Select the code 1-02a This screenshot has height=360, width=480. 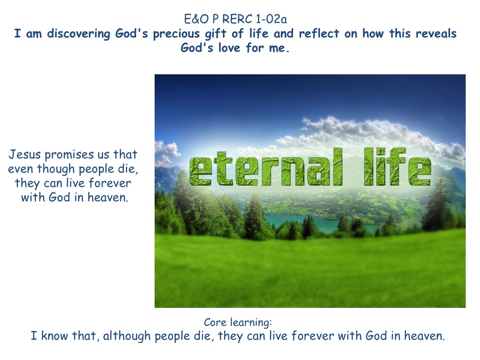click(271, 19)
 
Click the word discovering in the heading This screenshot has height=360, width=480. click(78, 34)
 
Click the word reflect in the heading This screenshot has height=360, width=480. click(319, 33)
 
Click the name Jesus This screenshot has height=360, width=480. click(24, 155)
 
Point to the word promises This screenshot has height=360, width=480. click(69, 155)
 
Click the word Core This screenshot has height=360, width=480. click(215, 322)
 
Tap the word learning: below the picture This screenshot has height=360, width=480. click(251, 323)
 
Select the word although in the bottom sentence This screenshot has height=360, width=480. click(127, 336)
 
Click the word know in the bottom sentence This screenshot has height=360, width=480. click(55, 336)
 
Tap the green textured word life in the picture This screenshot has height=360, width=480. click(397, 167)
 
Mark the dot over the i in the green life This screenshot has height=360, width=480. click(380, 151)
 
